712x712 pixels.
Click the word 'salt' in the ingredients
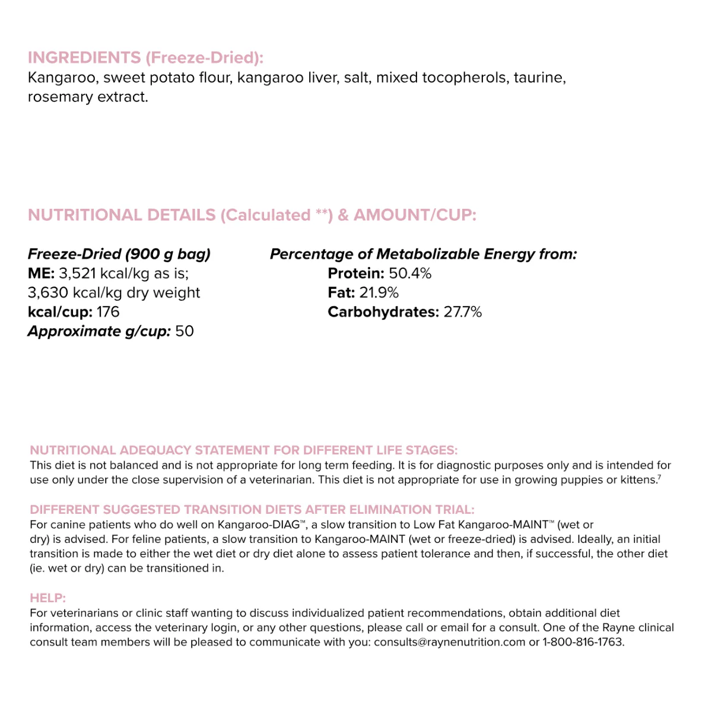[356, 78]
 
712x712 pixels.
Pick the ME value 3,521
[77, 274]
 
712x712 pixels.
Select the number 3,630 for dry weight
[47, 293]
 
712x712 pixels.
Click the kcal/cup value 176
[107, 312]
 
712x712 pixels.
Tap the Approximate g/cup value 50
[185, 331]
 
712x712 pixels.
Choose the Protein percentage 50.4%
[410, 274]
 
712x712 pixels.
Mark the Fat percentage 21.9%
[379, 293]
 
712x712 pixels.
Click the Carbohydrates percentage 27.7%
[463, 312]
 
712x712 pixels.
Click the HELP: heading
[48, 598]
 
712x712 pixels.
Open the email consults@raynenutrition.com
[449, 642]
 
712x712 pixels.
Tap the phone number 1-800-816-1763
[583, 642]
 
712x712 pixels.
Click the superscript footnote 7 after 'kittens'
[659, 477]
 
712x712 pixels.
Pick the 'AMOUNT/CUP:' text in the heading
[415, 215]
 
